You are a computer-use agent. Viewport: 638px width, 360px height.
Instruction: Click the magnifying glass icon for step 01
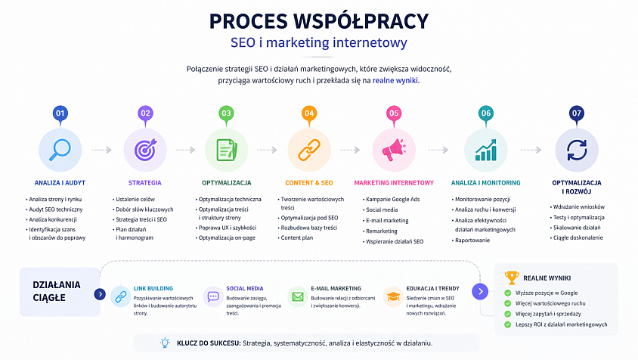pos(60,150)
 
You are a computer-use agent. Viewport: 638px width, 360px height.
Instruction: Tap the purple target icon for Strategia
pos(145,150)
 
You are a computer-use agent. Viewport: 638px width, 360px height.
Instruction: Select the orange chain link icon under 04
pos(309,150)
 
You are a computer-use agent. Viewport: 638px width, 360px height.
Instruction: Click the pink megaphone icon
pos(394,150)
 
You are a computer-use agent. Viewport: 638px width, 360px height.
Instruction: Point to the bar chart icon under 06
pos(486,150)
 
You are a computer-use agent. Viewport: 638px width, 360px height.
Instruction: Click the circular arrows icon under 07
pos(577,150)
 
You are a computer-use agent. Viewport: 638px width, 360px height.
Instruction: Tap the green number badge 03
pos(226,113)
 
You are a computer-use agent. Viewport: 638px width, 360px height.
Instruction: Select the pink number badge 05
pos(394,113)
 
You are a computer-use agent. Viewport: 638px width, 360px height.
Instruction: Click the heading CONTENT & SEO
pos(309,183)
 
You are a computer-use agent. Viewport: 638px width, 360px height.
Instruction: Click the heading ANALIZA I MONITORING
pos(486,183)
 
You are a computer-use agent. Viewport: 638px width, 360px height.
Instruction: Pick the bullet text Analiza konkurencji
pos(53,219)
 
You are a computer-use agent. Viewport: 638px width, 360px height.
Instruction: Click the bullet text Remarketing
pos(382,231)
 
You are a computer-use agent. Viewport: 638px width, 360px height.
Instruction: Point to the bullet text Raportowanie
pos(472,241)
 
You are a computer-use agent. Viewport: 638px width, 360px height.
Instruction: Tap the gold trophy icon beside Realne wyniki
pos(512,278)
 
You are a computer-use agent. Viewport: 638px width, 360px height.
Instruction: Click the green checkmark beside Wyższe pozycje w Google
pos(508,293)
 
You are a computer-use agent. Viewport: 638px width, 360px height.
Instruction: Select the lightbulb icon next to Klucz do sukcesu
pos(165,343)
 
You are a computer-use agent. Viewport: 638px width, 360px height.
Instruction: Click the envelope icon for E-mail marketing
pos(298,297)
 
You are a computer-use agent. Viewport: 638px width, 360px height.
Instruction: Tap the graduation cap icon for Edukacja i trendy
pos(393,296)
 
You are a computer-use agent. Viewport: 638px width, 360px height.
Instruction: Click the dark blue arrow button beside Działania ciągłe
pos(100,294)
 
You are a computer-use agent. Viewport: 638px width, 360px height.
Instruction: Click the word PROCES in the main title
pos(248,22)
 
